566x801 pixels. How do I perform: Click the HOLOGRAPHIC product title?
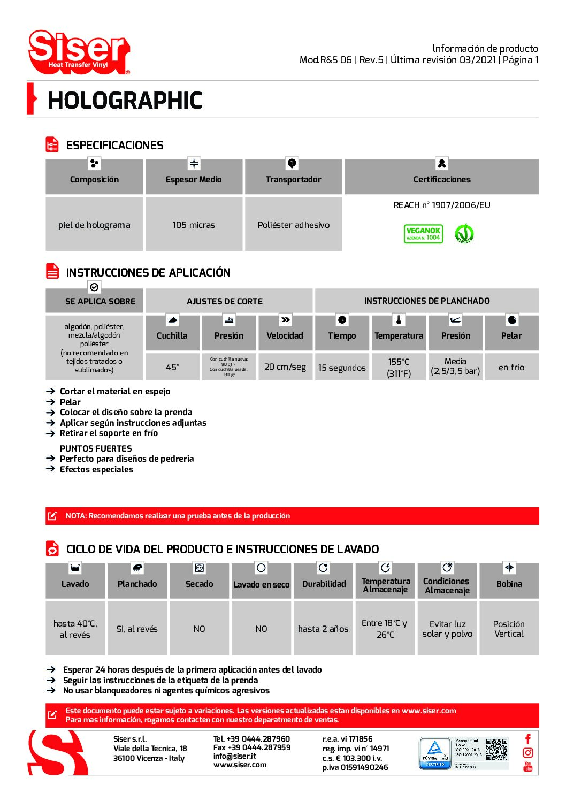(125, 101)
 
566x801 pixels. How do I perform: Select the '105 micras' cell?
(194, 225)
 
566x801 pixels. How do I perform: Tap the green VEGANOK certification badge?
(423, 234)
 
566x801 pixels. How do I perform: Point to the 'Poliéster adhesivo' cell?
(293, 225)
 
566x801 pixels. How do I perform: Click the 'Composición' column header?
(94, 179)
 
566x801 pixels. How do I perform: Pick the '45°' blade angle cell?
(172, 367)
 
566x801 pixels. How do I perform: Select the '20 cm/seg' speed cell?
(285, 367)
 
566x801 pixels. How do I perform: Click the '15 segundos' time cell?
(342, 368)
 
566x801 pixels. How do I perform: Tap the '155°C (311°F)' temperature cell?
(399, 368)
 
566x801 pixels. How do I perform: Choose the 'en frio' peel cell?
(511, 367)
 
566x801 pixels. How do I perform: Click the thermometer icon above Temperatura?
(399, 320)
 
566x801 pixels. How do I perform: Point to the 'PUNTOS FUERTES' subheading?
(96, 448)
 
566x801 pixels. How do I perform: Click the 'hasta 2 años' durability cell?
(323, 629)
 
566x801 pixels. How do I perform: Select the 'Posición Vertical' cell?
(509, 629)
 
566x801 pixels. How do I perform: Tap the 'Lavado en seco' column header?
(261, 584)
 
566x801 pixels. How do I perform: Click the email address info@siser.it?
(234, 756)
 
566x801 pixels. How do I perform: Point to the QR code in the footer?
(496, 750)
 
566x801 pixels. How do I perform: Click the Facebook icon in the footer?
(528, 739)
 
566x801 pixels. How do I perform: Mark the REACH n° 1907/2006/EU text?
(442, 205)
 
